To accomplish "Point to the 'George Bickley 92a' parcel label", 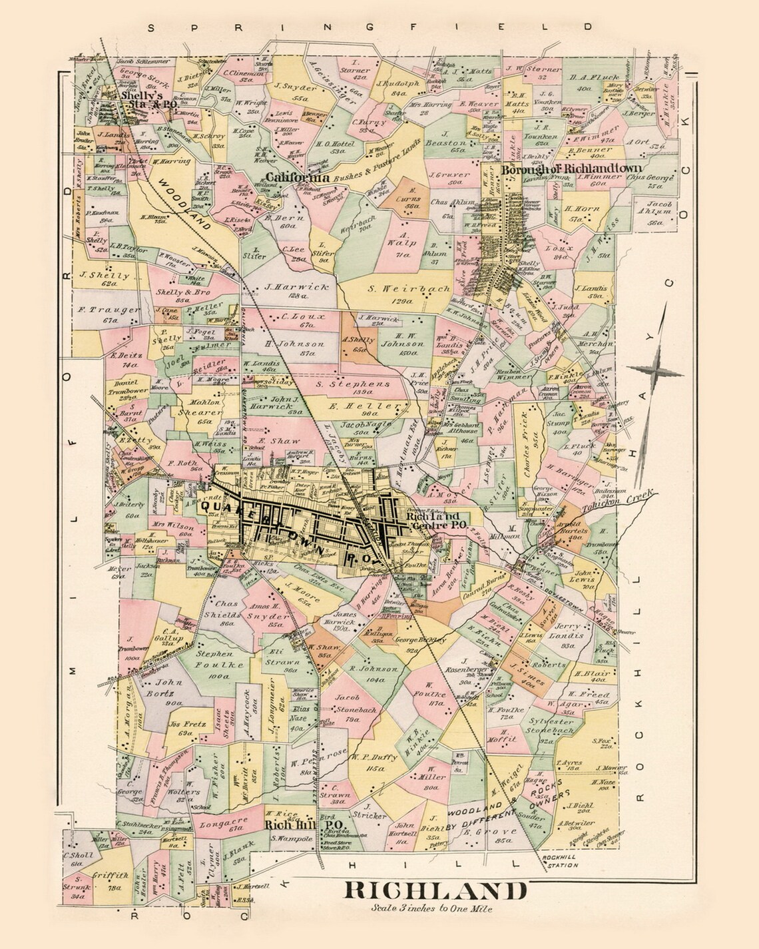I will (419, 644).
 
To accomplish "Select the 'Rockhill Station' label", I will (559, 862).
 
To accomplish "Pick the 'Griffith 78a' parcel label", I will (107, 882).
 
